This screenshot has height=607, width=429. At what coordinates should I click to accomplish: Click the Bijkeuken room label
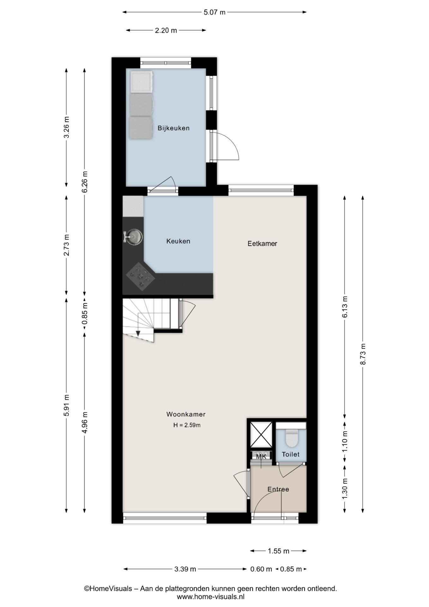(x=173, y=128)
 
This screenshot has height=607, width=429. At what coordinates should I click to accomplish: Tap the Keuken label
(x=178, y=241)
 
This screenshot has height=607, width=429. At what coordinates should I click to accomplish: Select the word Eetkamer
(x=262, y=243)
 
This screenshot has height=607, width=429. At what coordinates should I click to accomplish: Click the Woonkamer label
(x=186, y=414)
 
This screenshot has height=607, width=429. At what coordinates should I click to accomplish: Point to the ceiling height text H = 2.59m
(x=187, y=425)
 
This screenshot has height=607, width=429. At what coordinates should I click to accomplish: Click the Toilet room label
(x=291, y=454)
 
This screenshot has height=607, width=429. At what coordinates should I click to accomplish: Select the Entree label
(x=278, y=489)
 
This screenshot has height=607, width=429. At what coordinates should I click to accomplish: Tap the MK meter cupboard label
(x=261, y=457)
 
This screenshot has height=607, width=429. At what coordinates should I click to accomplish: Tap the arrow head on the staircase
(x=138, y=334)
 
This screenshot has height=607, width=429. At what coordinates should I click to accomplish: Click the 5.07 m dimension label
(x=214, y=12)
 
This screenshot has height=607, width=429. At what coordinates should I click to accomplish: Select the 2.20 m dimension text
(x=166, y=30)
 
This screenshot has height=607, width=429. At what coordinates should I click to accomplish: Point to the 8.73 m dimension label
(x=363, y=354)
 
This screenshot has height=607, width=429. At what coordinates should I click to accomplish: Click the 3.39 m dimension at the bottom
(x=185, y=569)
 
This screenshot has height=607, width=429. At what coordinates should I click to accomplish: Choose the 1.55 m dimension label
(x=279, y=551)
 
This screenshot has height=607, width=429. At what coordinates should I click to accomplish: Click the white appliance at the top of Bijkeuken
(x=142, y=82)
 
